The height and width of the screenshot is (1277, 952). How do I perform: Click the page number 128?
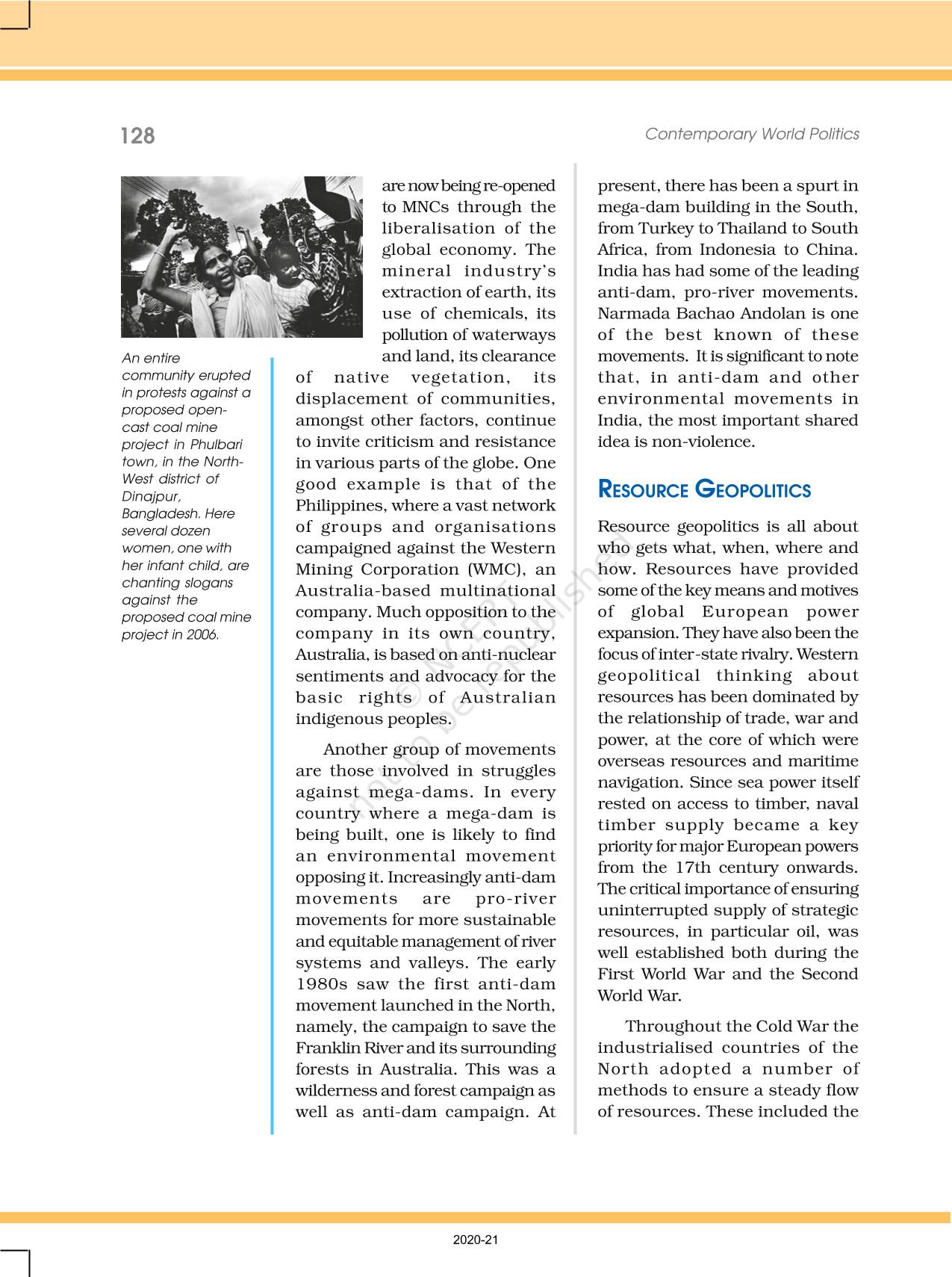[x=137, y=136]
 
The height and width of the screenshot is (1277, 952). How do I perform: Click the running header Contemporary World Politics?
[x=752, y=134]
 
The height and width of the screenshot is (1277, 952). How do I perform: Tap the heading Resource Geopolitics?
[x=704, y=490]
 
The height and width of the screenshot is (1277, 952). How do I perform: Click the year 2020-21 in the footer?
[x=476, y=1240]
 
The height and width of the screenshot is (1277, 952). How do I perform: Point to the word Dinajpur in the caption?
[x=151, y=496]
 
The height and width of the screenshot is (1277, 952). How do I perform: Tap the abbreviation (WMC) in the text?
[x=494, y=569]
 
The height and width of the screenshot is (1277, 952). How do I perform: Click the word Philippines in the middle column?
[x=335, y=506]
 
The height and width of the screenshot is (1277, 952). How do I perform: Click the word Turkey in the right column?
[x=655, y=229]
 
